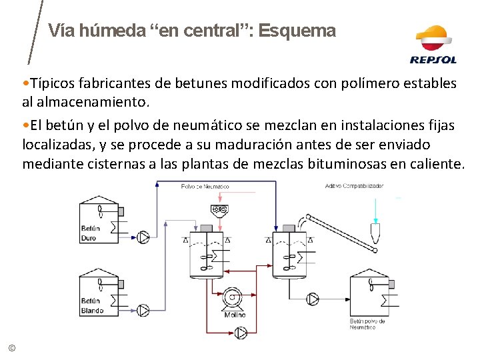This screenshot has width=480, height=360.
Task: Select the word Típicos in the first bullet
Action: coord(52,83)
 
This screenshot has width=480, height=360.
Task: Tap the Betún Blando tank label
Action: coord(92,305)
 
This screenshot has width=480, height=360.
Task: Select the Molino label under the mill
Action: coord(235,315)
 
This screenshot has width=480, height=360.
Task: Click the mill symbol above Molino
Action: coord(233,298)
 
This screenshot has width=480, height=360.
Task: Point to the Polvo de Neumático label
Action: coord(205,187)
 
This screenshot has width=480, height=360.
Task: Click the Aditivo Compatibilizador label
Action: coord(355,186)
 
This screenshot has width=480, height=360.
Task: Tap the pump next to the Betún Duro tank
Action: coord(143,237)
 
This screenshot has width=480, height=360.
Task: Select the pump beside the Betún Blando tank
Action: coord(143,309)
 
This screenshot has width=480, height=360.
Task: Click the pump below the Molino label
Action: coord(241,332)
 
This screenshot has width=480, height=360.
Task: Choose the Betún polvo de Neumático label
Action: coord(367,324)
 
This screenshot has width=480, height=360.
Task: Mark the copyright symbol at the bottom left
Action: coord(11,347)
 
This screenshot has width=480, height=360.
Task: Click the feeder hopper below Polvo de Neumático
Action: coord(218,210)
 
